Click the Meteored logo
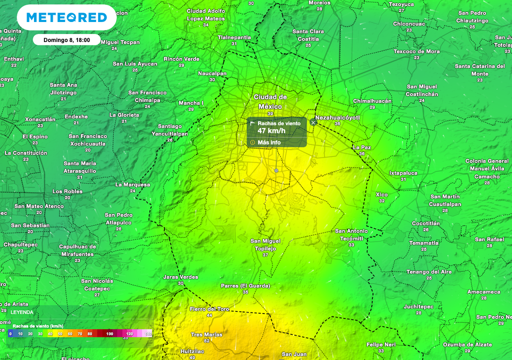(66, 18)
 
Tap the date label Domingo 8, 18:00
(66, 40)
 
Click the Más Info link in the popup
(269, 142)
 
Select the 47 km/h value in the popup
(271, 131)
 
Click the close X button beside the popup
(313, 122)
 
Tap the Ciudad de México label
(270, 101)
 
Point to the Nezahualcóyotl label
(338, 117)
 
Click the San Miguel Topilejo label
(265, 244)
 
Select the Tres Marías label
(206, 334)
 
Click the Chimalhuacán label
(372, 101)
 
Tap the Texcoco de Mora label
(416, 51)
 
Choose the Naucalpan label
(212, 73)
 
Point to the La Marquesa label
(132, 184)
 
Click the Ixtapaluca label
(403, 173)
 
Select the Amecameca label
(483, 291)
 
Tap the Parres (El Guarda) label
(245, 286)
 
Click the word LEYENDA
(22, 312)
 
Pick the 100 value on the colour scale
(110, 333)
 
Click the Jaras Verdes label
(180, 277)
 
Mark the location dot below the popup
(276, 170)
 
